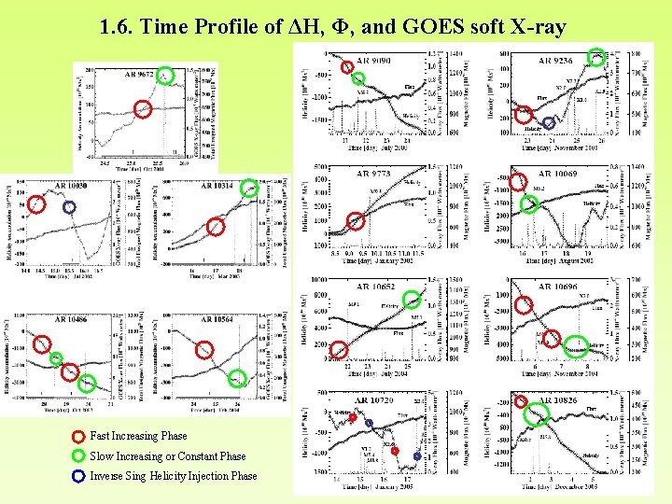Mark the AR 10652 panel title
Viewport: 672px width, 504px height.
[376, 287]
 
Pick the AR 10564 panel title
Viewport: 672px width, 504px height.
[217, 319]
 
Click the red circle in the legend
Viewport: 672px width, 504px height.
[78, 437]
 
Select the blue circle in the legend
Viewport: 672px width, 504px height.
[78, 476]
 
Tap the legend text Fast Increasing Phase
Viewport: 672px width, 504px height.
[138, 436]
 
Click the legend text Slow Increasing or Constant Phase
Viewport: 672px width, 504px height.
[168, 456]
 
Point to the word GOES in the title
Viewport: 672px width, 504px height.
[434, 28]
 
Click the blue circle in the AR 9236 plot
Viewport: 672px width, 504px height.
[549, 122]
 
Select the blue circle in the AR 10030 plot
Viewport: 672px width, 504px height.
[69, 207]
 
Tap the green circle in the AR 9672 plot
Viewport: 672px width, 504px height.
[165, 77]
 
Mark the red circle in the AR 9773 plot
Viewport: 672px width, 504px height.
[356, 221]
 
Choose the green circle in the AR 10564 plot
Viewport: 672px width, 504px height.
[238, 379]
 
